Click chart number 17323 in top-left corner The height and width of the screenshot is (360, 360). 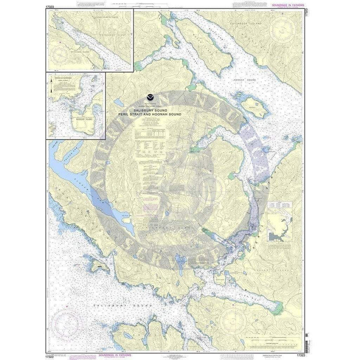click(x=51, y=6)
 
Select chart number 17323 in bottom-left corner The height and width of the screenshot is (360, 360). click(x=51, y=354)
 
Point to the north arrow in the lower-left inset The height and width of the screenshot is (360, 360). click(x=52, y=92)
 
